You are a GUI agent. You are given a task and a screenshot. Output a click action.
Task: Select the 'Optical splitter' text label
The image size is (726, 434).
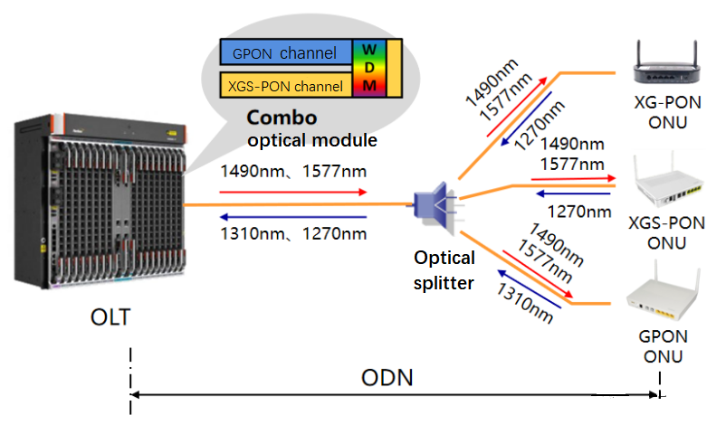444,270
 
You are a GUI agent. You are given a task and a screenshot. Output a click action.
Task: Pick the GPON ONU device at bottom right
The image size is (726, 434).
664,295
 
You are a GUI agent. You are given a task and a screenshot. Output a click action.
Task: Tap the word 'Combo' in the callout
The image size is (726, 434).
282,118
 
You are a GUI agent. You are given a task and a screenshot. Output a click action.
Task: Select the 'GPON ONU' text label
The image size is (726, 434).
664,346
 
